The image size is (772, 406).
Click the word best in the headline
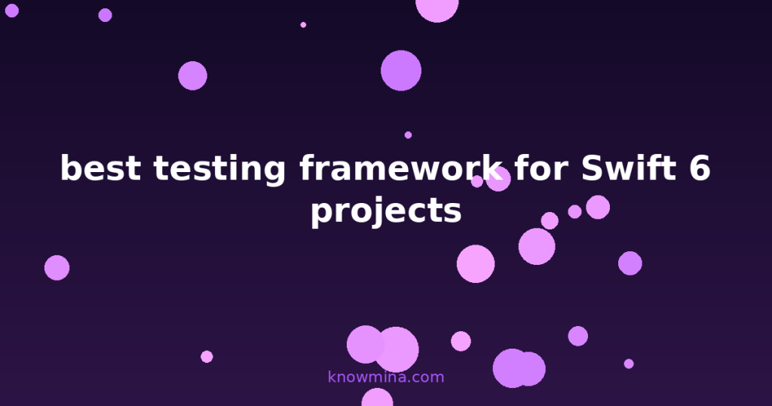pos(100,168)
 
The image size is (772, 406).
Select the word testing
pos(219,169)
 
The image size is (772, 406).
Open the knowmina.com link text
pos(386,377)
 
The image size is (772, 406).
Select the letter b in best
pos(70,168)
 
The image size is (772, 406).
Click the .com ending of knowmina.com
pos(427,377)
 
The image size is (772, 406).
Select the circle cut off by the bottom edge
pos(377,398)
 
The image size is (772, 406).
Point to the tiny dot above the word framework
pos(408,135)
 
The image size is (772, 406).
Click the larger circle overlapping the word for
pos(498,179)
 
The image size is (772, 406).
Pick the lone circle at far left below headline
pos(57,267)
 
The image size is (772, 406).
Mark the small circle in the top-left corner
pos(11,11)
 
